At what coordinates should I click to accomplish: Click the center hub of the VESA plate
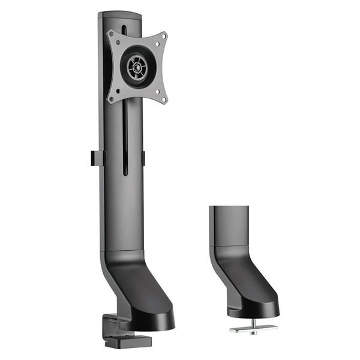(x=137, y=67)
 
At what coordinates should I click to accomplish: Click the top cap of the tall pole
(x=119, y=14)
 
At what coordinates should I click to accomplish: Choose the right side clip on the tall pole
(x=143, y=157)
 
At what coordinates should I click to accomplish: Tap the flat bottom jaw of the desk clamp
(x=118, y=344)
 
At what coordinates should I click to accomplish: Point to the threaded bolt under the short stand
(x=253, y=322)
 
